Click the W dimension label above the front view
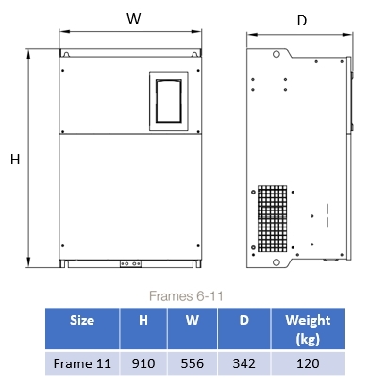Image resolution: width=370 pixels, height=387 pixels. point(134,18)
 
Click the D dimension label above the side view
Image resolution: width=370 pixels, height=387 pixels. point(302,21)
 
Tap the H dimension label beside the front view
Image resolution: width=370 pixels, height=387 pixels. point(15,160)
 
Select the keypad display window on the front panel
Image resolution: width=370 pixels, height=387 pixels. point(169,101)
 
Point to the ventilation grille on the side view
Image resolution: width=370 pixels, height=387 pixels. point(273,219)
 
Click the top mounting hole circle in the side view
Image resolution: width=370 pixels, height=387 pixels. point(277,54)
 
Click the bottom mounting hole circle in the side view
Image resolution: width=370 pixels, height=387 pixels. point(277,262)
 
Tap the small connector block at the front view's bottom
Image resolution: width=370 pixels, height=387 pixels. point(130,263)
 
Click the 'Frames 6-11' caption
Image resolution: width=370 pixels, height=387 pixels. point(186,296)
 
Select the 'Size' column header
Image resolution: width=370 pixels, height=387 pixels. point(82,320)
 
